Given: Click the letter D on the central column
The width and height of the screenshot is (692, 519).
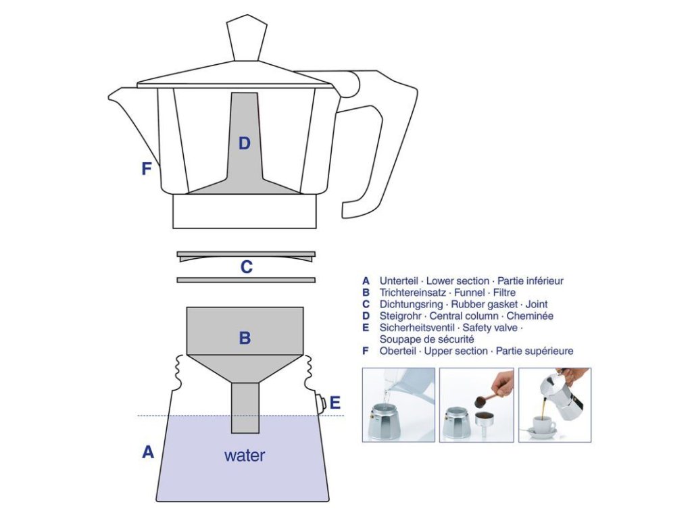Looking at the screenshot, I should (x=245, y=143).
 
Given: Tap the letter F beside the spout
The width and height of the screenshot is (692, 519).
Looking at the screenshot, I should (x=146, y=169).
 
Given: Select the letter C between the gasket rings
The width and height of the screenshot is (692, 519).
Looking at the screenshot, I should (x=247, y=268).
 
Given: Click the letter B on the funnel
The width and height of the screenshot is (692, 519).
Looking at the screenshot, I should (x=245, y=338).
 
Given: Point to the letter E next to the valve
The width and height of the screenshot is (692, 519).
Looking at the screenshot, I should (x=335, y=403).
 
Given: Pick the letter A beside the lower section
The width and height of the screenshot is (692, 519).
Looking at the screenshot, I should (x=148, y=453).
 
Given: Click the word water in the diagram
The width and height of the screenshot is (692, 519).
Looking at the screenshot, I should (x=245, y=455).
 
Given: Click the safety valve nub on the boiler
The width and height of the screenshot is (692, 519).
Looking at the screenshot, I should (x=322, y=403).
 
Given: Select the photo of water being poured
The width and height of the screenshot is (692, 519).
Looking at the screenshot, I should (x=398, y=405).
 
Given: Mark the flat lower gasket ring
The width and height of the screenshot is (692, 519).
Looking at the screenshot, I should (x=246, y=280).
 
